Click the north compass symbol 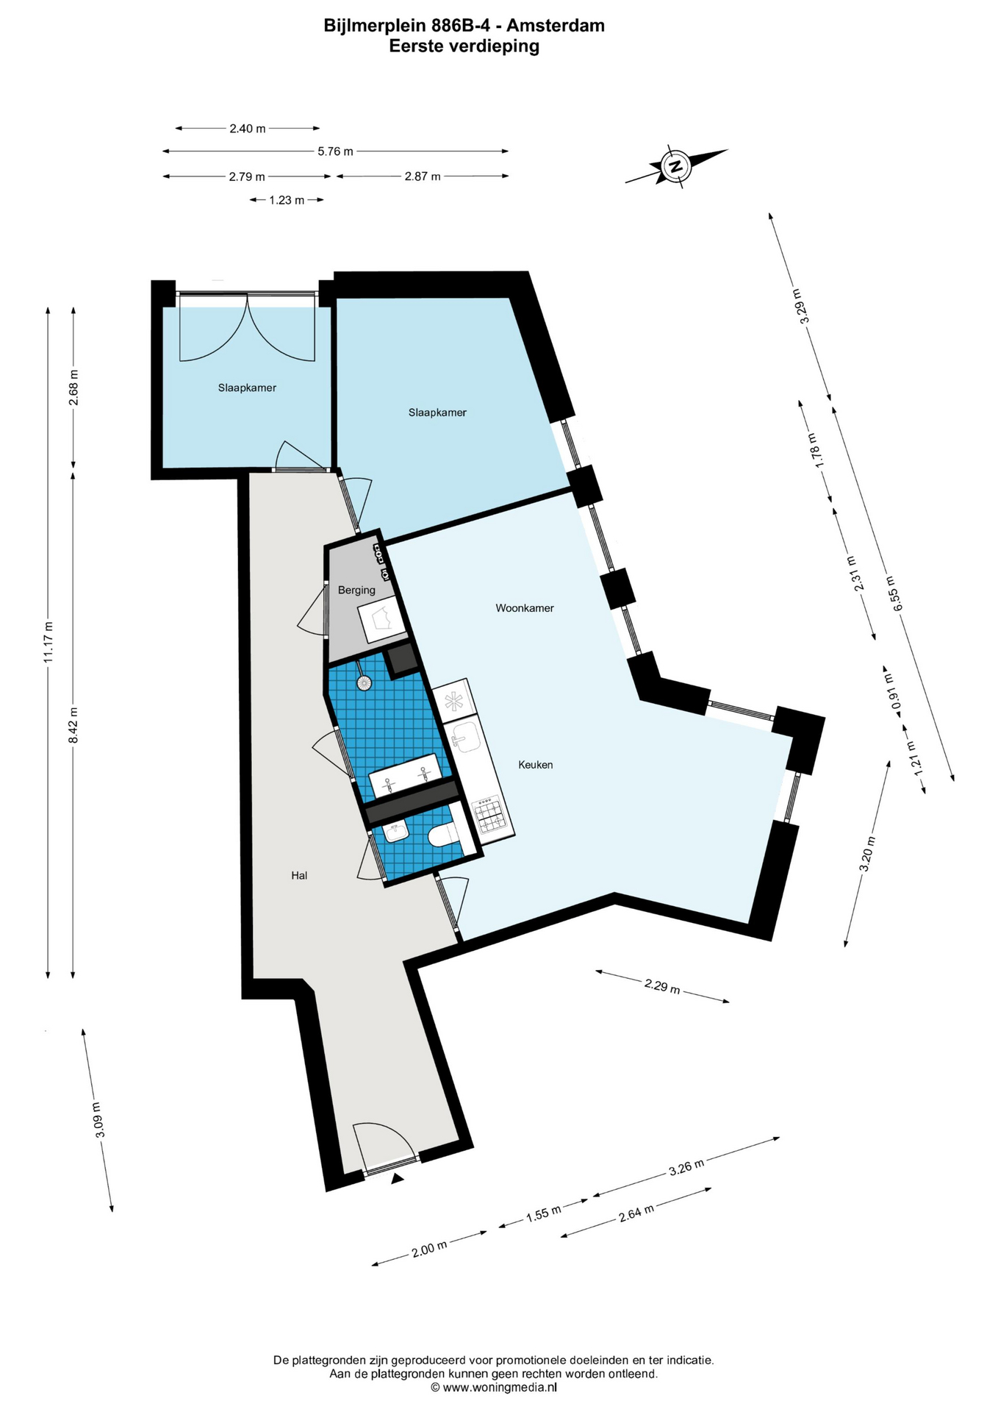tap(675, 165)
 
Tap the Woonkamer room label tap(525, 608)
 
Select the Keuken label tap(536, 765)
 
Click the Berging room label tap(356, 590)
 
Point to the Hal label tap(299, 875)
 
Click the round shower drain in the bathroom tap(364, 683)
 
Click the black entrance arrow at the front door tap(398, 1179)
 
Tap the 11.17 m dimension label tap(49, 642)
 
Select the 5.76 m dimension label tap(335, 151)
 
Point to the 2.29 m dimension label tap(662, 985)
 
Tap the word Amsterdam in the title tap(556, 26)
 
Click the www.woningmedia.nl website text tap(499, 1387)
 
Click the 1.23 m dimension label tap(287, 200)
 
